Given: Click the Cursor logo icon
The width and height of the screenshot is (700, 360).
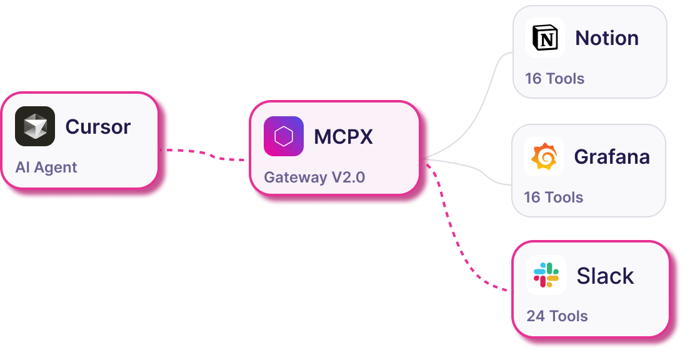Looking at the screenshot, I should click(x=35, y=126).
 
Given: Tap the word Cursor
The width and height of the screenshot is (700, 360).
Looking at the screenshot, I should click(x=98, y=127).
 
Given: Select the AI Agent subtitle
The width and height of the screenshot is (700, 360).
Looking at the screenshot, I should click(x=46, y=167).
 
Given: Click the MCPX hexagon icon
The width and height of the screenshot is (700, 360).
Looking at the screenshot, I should click(x=284, y=136).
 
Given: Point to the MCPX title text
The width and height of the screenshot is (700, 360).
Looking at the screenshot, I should click(x=343, y=136).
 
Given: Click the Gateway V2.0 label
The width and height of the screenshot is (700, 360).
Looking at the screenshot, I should click(x=314, y=177).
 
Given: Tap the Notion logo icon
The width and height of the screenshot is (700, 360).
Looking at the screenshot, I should click(x=545, y=38).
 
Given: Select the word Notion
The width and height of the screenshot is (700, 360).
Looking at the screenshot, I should click(x=607, y=38).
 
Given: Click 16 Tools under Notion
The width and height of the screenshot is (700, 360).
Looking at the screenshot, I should click(x=554, y=79).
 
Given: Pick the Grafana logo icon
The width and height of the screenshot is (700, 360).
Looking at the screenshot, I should click(x=544, y=156).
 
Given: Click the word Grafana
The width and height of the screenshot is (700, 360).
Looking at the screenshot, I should click(x=612, y=156).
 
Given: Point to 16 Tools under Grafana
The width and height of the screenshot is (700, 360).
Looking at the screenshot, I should click(x=553, y=197).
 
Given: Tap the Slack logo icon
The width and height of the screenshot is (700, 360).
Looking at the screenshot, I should click(x=546, y=275).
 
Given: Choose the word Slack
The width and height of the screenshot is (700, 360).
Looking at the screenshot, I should click(x=605, y=276).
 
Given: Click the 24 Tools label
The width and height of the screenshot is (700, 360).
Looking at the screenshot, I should click(x=557, y=316).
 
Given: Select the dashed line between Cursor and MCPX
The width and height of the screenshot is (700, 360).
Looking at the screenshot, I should click(x=206, y=154).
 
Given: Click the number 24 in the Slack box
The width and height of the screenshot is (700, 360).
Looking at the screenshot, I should click(x=536, y=316).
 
